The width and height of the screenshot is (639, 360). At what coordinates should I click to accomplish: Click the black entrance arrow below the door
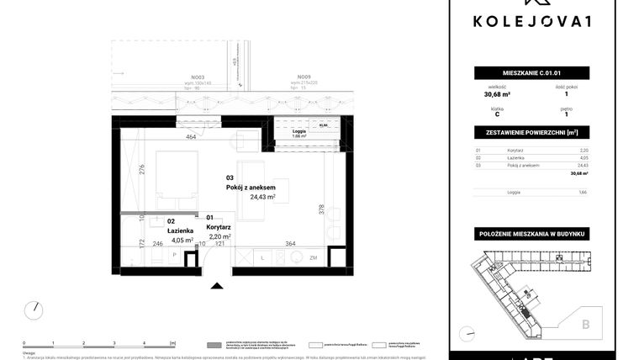(217, 285)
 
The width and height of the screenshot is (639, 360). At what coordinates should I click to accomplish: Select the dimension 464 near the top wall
(191, 137)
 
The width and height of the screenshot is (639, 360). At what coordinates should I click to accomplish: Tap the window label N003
(198, 77)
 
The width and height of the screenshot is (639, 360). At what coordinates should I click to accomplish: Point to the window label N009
(304, 77)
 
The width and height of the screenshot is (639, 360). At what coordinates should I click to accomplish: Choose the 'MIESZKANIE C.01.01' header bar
(531, 73)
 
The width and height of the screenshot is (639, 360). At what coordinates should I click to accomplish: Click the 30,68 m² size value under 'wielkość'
(496, 94)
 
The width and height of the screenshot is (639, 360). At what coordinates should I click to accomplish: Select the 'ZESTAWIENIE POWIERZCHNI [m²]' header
(531, 133)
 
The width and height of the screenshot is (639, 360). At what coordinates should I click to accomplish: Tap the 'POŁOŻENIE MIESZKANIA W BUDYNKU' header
(531, 232)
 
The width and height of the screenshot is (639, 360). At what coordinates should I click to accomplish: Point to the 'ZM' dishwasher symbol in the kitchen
(314, 257)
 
